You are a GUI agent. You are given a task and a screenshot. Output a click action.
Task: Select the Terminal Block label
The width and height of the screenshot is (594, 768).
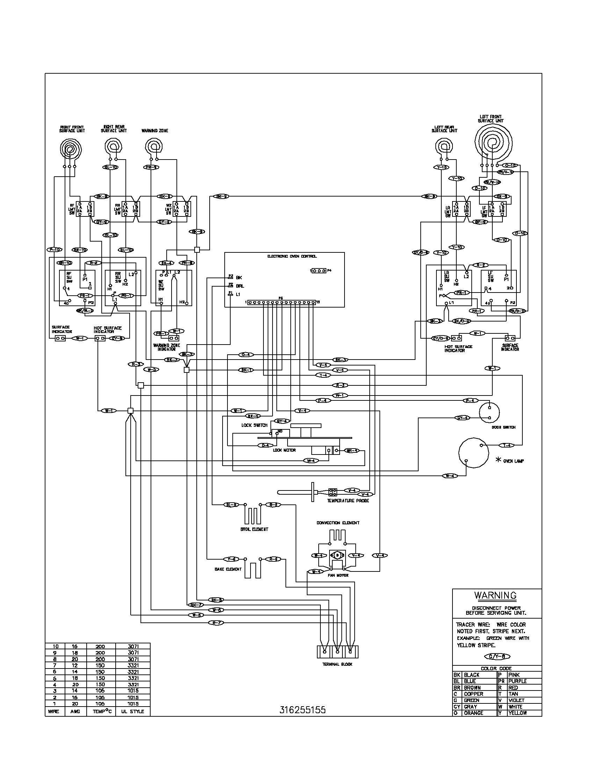337,664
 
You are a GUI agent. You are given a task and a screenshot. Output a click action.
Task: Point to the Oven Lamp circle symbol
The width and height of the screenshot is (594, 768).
474,452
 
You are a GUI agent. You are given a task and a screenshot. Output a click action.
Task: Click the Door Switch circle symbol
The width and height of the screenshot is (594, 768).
490,411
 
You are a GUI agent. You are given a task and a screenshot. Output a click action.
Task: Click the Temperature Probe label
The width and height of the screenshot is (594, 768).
348,500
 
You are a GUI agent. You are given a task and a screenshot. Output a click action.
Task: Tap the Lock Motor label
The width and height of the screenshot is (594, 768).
284,450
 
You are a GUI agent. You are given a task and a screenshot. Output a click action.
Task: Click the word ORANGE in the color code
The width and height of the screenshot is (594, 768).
473,713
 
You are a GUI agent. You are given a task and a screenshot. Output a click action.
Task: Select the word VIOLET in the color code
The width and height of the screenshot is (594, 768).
516,700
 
